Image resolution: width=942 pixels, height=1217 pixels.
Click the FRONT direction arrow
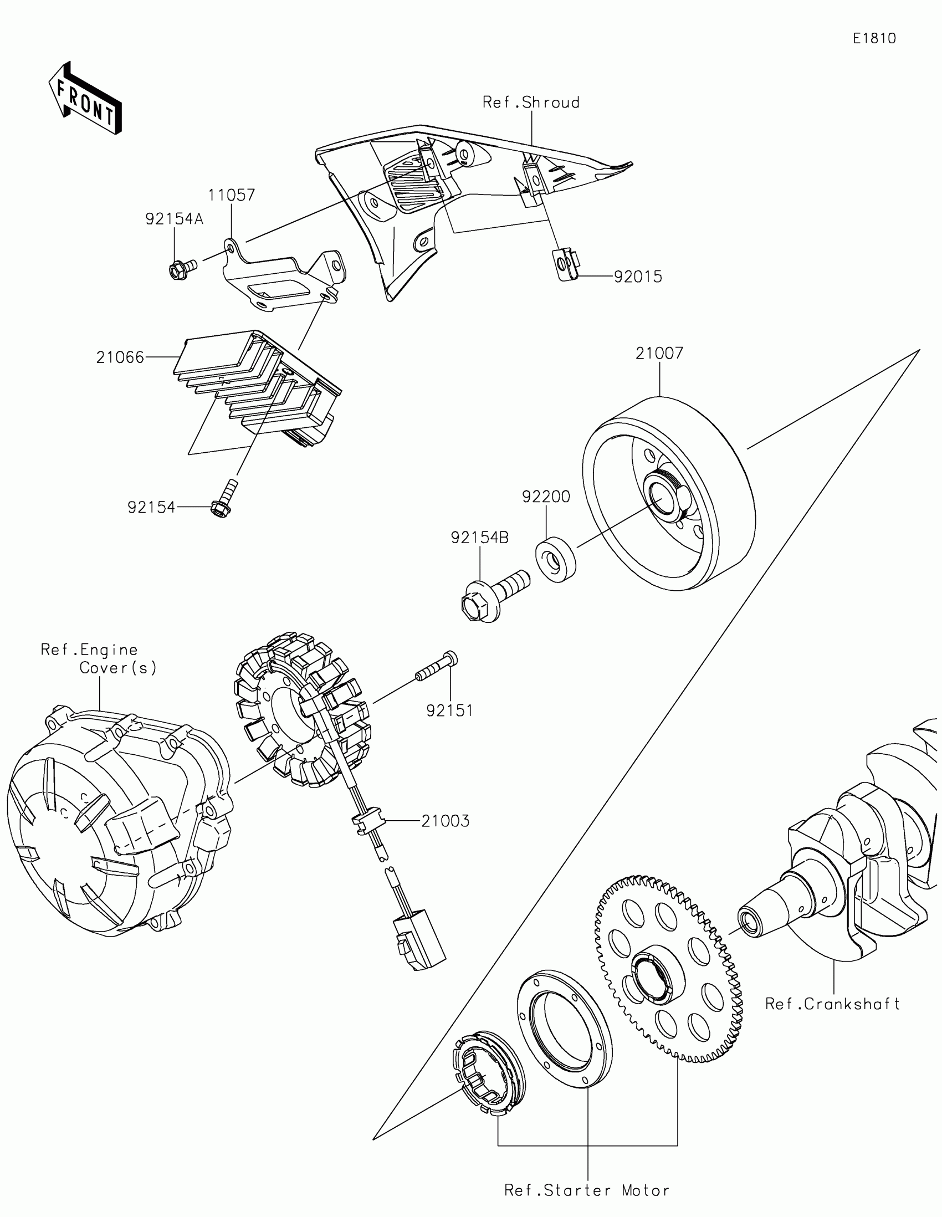coord(85,99)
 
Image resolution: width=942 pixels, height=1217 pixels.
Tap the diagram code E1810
coord(874,38)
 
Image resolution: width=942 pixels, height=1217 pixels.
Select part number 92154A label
coord(174,219)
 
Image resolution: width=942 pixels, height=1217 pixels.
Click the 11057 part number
coord(232,195)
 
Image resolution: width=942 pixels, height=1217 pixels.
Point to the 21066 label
coord(120,357)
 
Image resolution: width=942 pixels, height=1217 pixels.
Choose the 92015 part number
coord(638,277)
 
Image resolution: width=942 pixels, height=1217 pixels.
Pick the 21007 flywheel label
coord(659,352)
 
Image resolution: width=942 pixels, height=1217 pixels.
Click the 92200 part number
coord(546,497)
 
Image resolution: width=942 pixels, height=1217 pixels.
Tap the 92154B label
coord(480,538)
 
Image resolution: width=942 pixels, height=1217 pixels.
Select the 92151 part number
coord(449,710)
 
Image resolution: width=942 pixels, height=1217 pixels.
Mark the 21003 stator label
coord(445,821)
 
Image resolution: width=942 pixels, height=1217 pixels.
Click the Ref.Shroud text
coord(531,103)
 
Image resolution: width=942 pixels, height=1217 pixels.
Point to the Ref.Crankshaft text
coord(832,1004)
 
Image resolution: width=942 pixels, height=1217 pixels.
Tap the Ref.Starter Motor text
coord(587,1190)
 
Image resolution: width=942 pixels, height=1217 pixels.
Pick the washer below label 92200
coord(555,559)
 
